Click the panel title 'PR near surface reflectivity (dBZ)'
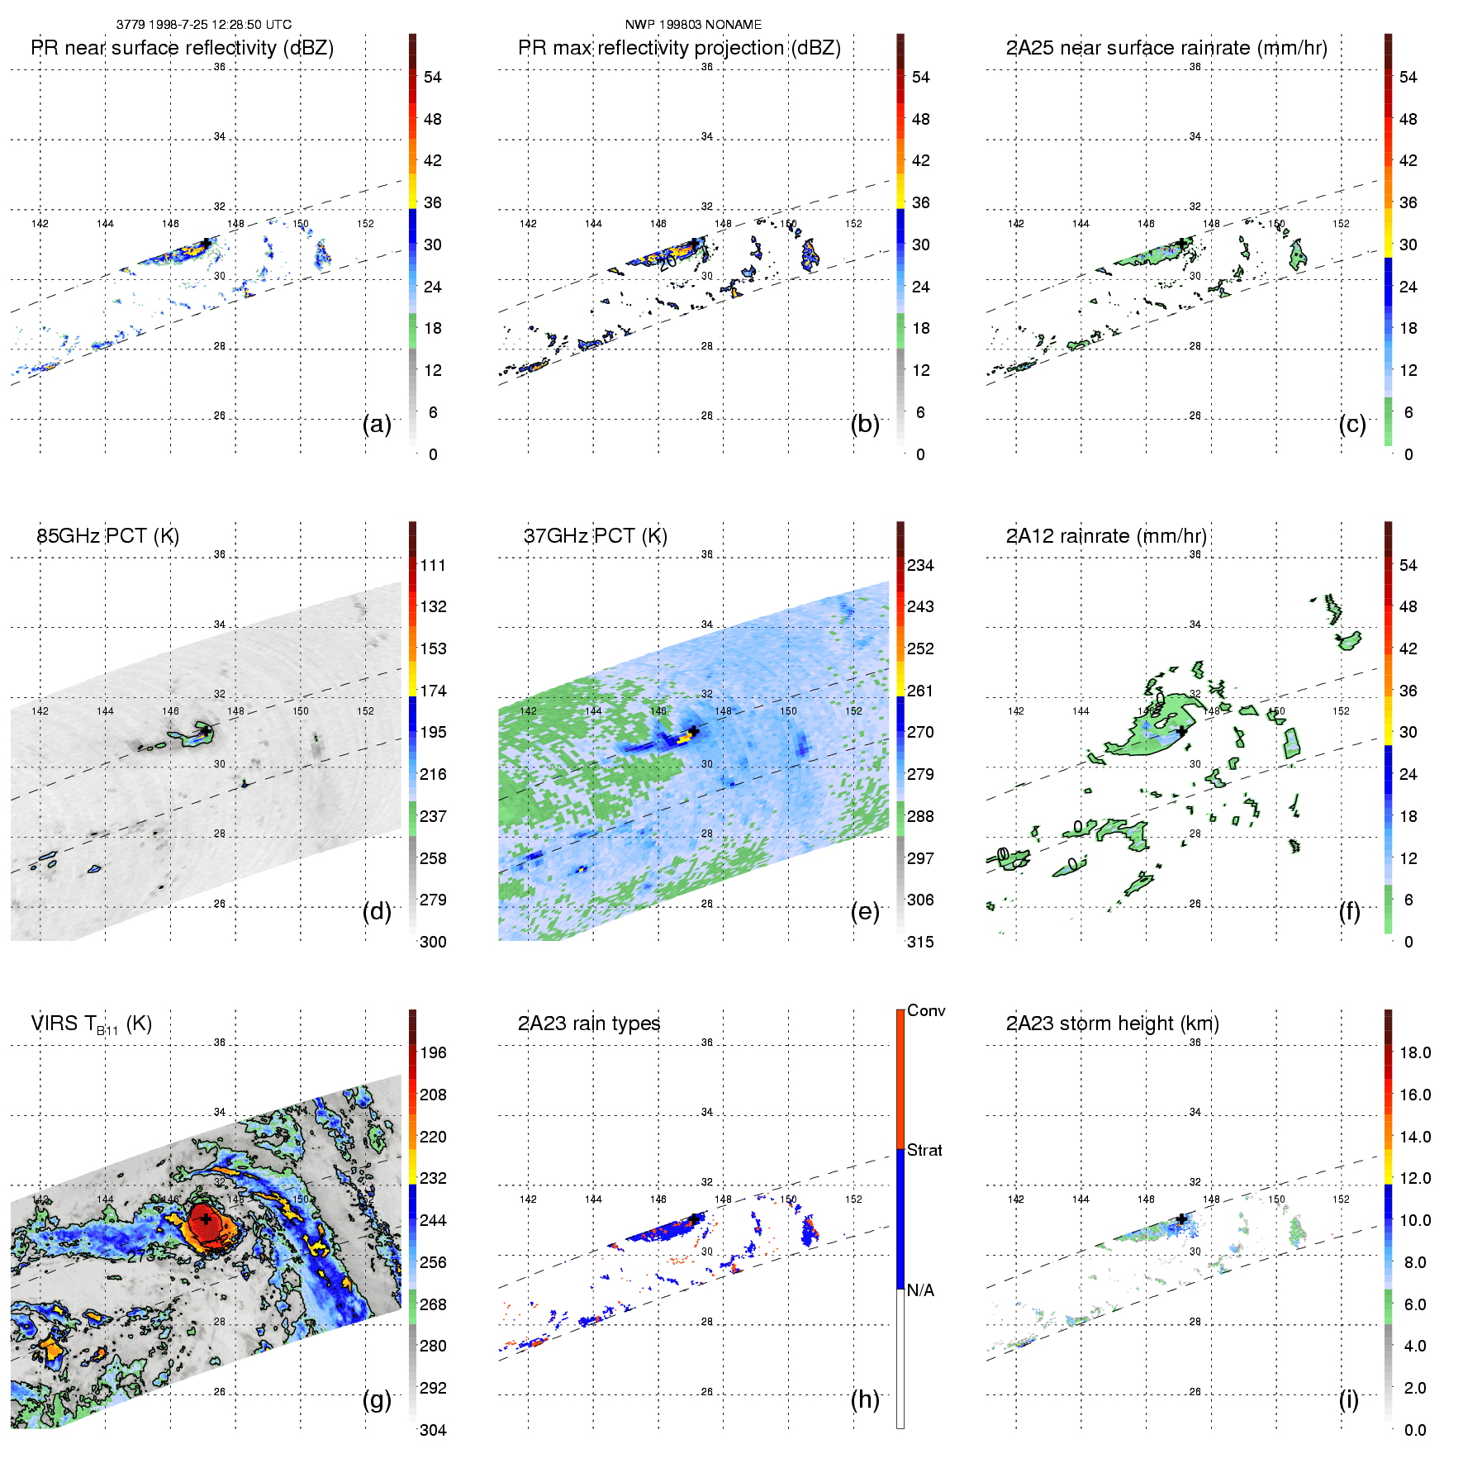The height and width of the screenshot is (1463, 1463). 182,48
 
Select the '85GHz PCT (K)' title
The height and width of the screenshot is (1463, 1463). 107,536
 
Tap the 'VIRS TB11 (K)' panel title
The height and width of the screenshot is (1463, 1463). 91,1024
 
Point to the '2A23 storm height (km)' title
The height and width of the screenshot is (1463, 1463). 1112,1024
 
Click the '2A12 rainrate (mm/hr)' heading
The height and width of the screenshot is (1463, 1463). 1105,536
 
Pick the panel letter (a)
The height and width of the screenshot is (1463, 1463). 377,424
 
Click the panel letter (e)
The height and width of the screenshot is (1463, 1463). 865,911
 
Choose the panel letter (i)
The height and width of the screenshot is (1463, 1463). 1348,1399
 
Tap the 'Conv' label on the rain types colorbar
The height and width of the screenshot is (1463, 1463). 926,1010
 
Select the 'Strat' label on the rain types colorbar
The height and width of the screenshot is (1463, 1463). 924,1150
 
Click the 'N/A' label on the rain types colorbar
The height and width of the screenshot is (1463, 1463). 920,1290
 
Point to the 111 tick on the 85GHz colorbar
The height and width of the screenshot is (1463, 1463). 433,565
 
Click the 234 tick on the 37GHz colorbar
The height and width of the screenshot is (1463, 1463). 920,565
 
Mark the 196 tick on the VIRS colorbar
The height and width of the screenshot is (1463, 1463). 433,1052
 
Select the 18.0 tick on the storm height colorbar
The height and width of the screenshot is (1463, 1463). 1414,1052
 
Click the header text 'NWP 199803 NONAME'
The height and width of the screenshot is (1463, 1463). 693,25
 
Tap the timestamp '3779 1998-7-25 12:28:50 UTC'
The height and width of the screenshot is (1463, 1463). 203,25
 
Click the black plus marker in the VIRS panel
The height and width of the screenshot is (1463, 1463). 205,1218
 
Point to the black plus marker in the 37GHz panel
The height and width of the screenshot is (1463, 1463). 694,731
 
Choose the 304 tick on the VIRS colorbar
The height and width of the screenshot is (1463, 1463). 433,1430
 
